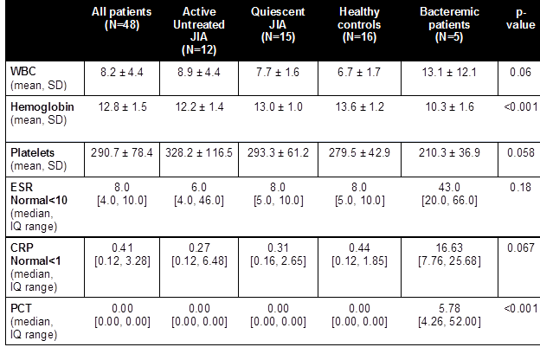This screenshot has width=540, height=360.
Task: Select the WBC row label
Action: [23, 68]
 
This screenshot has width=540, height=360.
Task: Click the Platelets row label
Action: [33, 152]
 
